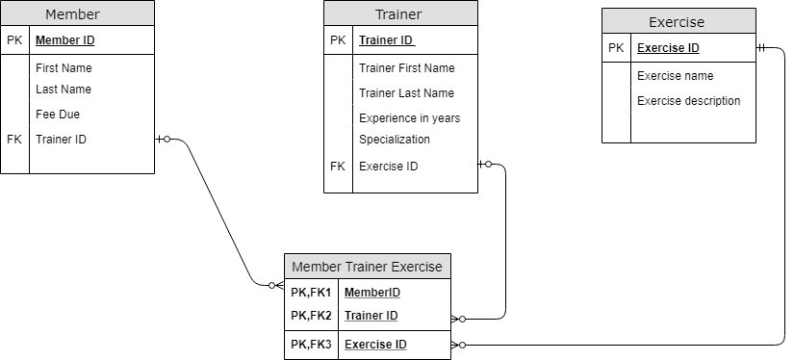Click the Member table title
point(72,14)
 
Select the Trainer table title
point(397,14)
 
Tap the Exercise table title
point(676,22)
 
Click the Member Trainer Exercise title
point(367,267)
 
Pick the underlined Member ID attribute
point(64,40)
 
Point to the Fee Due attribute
point(58,114)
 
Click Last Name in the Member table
point(64,90)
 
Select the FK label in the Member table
point(13,140)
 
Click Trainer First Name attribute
point(406,68)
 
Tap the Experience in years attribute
point(409,118)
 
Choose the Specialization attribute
point(395,140)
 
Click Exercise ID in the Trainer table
point(388,167)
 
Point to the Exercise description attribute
point(688,101)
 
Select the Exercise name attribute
point(675,76)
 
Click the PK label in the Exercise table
point(616,48)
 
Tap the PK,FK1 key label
point(310,293)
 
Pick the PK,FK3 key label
point(310,345)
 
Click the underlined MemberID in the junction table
point(371,293)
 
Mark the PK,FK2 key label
point(310,316)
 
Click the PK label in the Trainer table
point(337,40)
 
